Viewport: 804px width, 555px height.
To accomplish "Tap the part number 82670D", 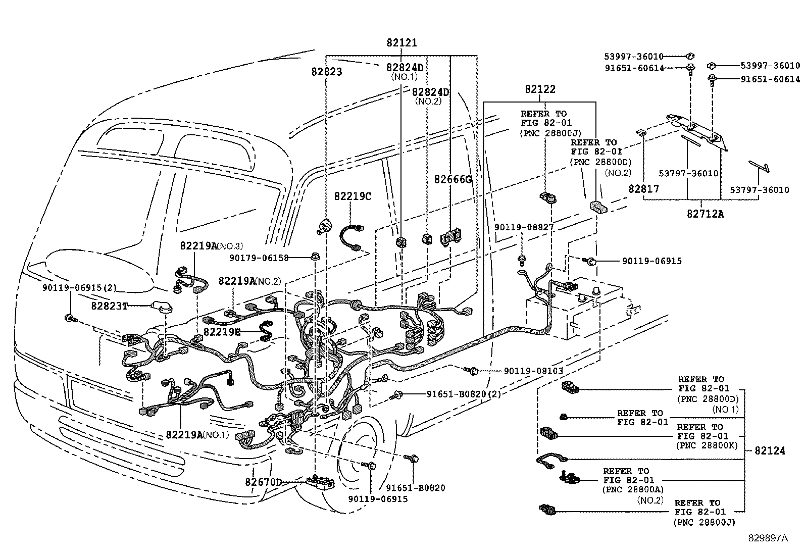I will pyautogui.click(x=263, y=482).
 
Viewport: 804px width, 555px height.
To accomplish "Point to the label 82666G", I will pyautogui.click(x=453, y=179).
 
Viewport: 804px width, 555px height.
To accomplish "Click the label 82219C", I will pyautogui.click(x=353, y=196).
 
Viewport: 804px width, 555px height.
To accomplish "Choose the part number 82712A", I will pyautogui.click(x=705, y=214).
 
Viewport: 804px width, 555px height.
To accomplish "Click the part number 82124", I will pyautogui.click(x=770, y=450).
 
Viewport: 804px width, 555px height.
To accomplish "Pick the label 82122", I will pyautogui.click(x=540, y=89).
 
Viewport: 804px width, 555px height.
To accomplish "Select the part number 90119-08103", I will pyautogui.click(x=533, y=371).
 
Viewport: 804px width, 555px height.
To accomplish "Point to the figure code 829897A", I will pyautogui.click(x=768, y=538).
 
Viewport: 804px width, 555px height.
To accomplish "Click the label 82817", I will pyautogui.click(x=643, y=188).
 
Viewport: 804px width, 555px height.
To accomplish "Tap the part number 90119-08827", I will pyautogui.click(x=524, y=228).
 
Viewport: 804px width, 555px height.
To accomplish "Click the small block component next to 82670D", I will pyautogui.click(x=318, y=482).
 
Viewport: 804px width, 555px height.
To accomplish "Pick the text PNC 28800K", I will pyautogui.click(x=707, y=445).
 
